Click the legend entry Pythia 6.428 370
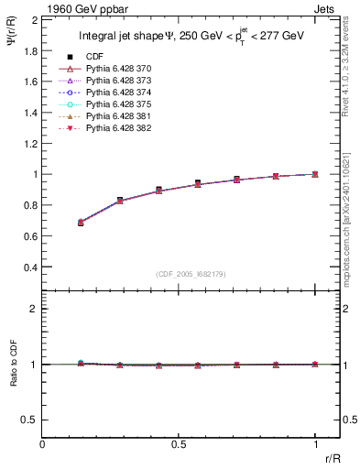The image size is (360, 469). (120, 70)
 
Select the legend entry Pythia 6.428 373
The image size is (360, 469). (120, 82)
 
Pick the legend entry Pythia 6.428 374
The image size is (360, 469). (120, 93)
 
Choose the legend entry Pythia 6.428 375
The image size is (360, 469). (120, 104)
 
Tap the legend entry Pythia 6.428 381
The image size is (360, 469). (120, 116)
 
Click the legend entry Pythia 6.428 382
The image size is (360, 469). (120, 127)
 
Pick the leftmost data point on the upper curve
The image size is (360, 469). (81, 223)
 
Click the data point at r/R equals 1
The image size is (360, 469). (315, 174)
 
